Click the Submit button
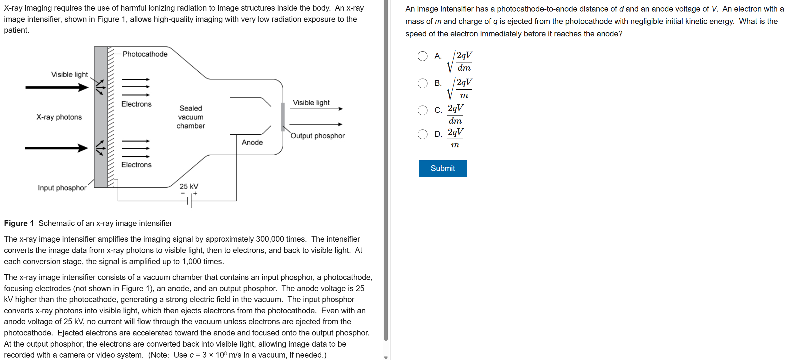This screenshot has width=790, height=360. coord(442,168)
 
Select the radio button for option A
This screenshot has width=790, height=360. coord(422,56)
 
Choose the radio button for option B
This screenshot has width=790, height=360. coord(422,83)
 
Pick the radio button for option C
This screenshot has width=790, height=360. coord(422,110)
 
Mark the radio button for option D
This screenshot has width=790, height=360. coord(422,134)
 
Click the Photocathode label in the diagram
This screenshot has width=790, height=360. coord(145,54)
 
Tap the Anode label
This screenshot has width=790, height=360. coord(252,142)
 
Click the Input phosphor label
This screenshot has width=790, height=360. coord(62,188)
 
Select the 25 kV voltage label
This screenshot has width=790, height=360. coord(189,186)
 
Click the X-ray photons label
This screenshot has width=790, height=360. coord(59,117)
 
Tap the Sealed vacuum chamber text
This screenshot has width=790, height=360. coord(191,117)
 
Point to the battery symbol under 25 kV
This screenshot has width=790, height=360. coord(189,201)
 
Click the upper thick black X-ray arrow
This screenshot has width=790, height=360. coord(57,88)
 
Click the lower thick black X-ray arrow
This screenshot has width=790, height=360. coord(56,148)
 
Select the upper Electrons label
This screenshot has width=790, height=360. coord(136,104)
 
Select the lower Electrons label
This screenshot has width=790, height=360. coord(136,165)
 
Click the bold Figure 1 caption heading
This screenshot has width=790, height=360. coord(19,223)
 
